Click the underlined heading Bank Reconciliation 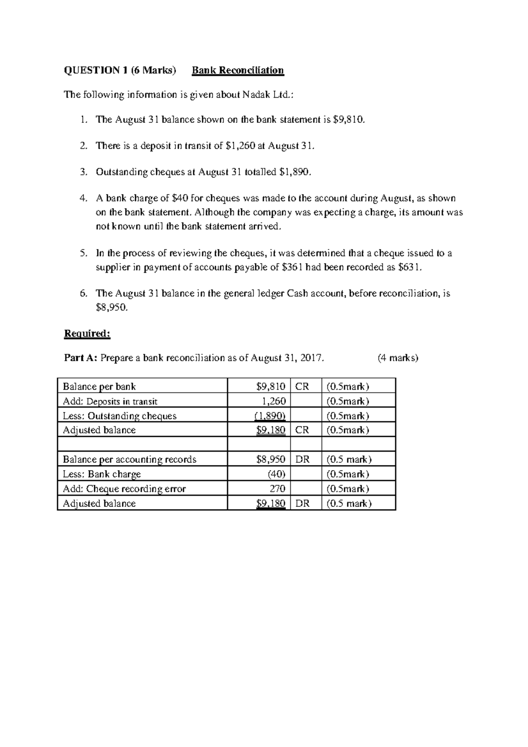point(238,70)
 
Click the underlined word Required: point(87,334)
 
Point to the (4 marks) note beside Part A point(398,358)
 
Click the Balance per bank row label point(99,387)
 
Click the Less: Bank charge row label point(102,474)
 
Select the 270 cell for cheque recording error point(277,489)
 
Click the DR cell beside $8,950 point(303,460)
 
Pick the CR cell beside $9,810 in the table point(302,387)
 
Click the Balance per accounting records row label point(130,460)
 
